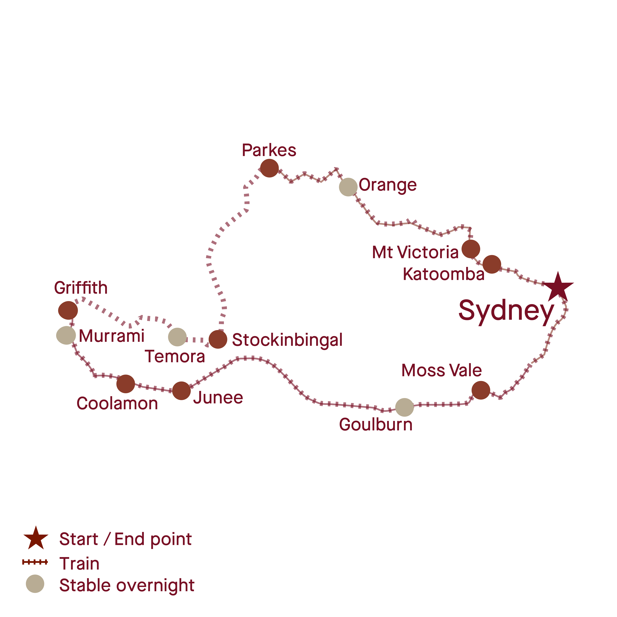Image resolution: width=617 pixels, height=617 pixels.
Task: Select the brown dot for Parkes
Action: [x=269, y=168]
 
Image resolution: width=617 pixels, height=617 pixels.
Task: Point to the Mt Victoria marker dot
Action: [x=471, y=249]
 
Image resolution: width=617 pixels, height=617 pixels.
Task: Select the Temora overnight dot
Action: [x=177, y=337]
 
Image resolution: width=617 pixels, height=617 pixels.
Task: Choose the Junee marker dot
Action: [x=181, y=391]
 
